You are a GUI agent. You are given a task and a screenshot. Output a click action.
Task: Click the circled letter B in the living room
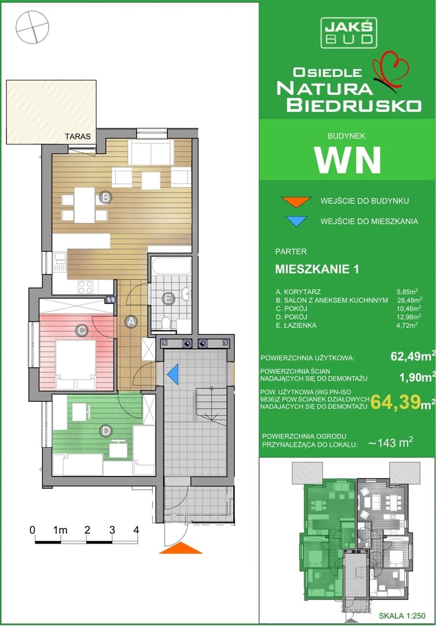coord(105,197)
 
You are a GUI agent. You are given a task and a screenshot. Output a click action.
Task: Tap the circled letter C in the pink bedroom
coord(82,331)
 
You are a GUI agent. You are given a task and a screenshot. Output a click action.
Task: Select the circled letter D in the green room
coord(105,431)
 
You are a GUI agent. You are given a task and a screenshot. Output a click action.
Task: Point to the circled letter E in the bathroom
coord(168,298)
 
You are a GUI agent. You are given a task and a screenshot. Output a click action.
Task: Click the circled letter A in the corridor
coord(130,321)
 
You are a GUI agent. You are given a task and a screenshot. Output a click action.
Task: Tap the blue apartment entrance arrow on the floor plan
coord(173,375)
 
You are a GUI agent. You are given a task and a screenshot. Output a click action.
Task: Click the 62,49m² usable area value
coord(413,357)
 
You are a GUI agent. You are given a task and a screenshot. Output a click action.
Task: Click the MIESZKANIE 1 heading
coord(317,269)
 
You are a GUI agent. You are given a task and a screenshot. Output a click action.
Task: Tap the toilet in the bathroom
coord(167,323)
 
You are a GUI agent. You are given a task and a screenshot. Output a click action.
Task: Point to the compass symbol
coord(32,27)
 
